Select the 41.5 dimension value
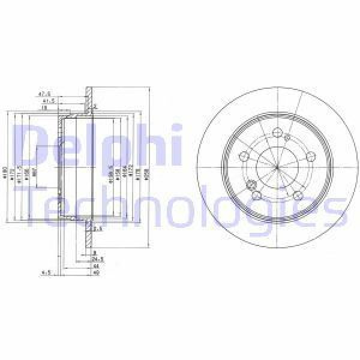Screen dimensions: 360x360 [46, 101]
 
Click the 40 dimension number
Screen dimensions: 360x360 [95, 273]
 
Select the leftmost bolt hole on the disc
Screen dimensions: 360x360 [244, 157]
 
